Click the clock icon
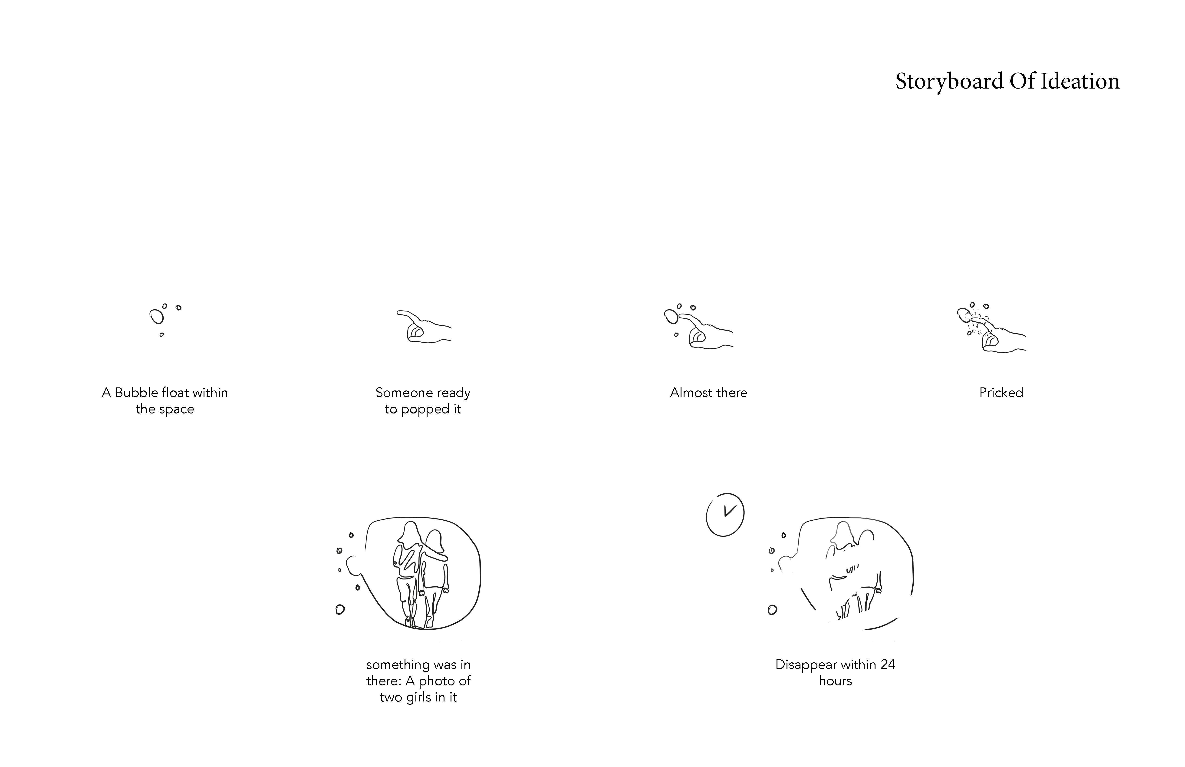coord(725,515)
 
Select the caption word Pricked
coord(1001,393)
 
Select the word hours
coord(836,681)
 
